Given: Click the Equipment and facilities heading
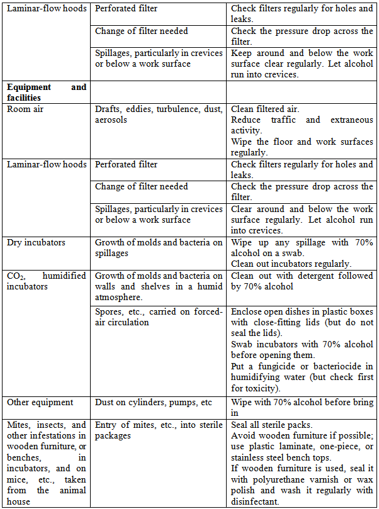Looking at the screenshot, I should [47, 92].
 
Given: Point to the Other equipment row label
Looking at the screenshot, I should [40, 402].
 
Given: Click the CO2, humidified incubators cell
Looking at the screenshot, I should [47, 281].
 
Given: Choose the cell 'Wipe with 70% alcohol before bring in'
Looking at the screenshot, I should [302, 407].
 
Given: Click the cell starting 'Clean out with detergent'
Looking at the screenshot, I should [302, 281].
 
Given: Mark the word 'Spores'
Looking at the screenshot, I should [110, 311].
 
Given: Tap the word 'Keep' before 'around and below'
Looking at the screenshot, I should [243, 53].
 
